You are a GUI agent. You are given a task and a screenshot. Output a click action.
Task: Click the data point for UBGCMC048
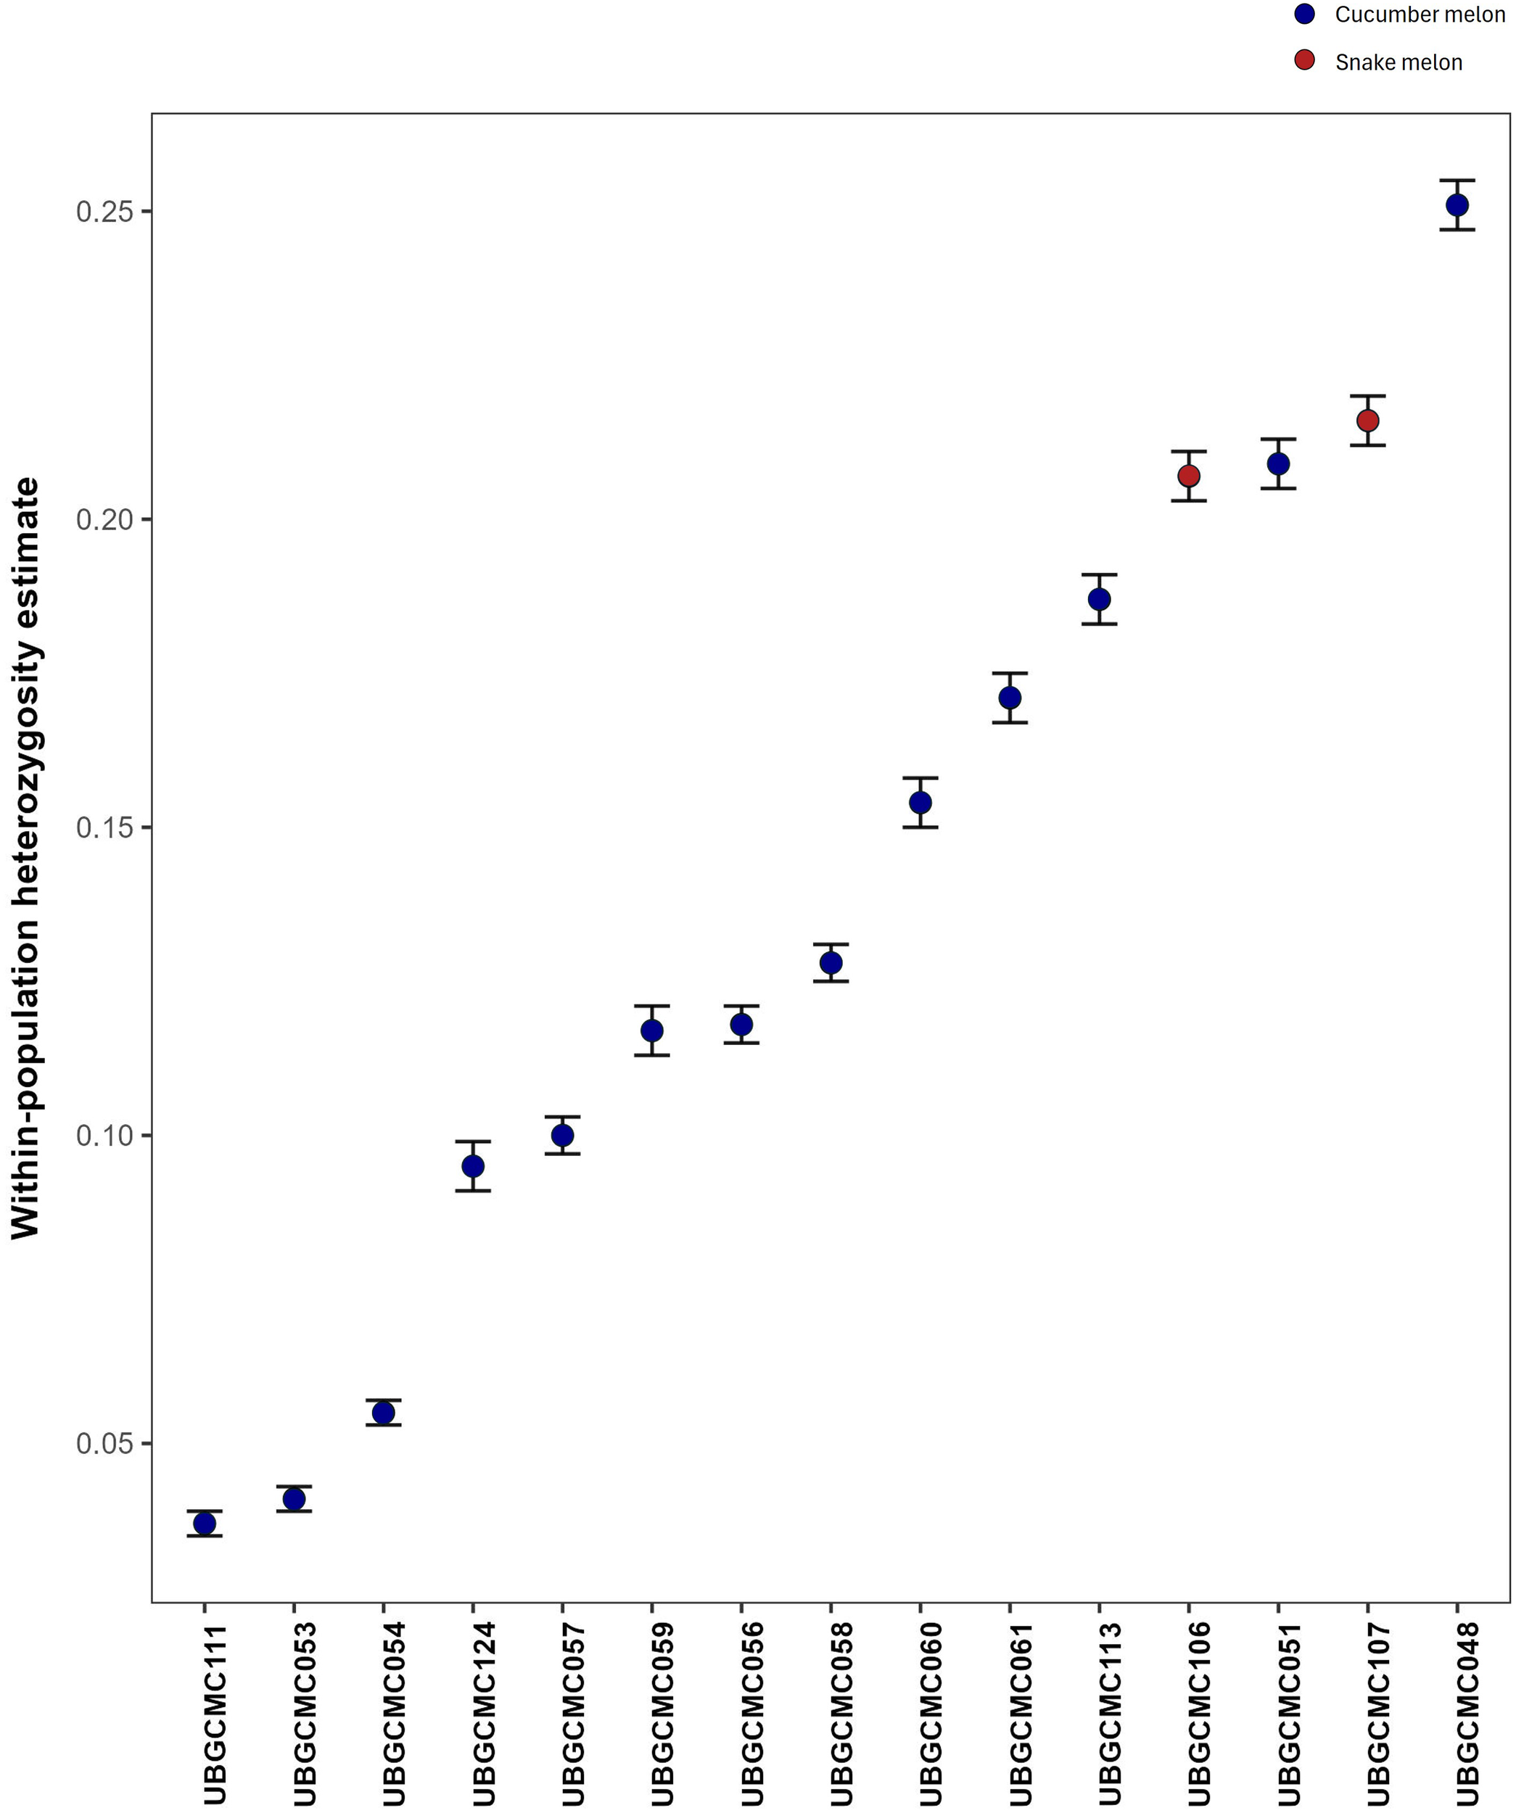[x=1457, y=205]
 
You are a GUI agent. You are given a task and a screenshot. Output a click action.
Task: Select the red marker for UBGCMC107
[x=1367, y=421]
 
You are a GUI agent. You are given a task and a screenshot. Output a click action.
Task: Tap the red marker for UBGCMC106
[x=1189, y=476]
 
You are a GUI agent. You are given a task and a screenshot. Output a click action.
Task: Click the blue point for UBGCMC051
[x=1279, y=463]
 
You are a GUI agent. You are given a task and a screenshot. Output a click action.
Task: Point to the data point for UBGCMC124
[x=473, y=1166]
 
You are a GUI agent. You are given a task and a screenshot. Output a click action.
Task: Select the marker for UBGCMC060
[x=920, y=803]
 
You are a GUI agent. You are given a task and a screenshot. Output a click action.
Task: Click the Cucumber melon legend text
[x=1420, y=15]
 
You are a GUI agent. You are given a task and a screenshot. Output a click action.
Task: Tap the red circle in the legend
[x=1304, y=59]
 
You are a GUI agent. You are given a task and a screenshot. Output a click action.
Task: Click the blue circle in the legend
[x=1304, y=14]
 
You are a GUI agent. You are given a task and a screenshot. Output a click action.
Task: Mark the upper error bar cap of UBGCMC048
[x=1457, y=181]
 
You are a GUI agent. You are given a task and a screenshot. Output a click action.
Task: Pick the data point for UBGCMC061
[x=1010, y=698]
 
